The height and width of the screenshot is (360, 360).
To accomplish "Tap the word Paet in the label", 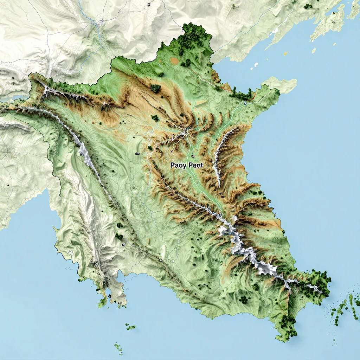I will (x=195, y=165).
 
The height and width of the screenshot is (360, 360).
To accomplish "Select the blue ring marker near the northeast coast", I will (x=245, y=104).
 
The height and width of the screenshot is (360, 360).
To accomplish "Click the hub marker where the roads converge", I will (x=186, y=131).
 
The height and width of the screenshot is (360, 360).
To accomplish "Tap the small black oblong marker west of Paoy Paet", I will (x=137, y=154).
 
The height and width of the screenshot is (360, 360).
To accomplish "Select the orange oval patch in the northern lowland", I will (x=174, y=61).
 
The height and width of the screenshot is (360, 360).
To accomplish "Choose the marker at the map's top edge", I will (x=149, y=5).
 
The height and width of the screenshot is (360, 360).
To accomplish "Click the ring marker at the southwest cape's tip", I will (x=120, y=303).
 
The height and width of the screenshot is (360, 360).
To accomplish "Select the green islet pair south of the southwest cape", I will (x=131, y=328).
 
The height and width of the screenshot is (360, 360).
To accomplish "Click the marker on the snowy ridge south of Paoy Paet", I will (x=220, y=214).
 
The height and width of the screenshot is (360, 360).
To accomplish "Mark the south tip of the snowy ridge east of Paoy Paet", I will (x=218, y=185).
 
